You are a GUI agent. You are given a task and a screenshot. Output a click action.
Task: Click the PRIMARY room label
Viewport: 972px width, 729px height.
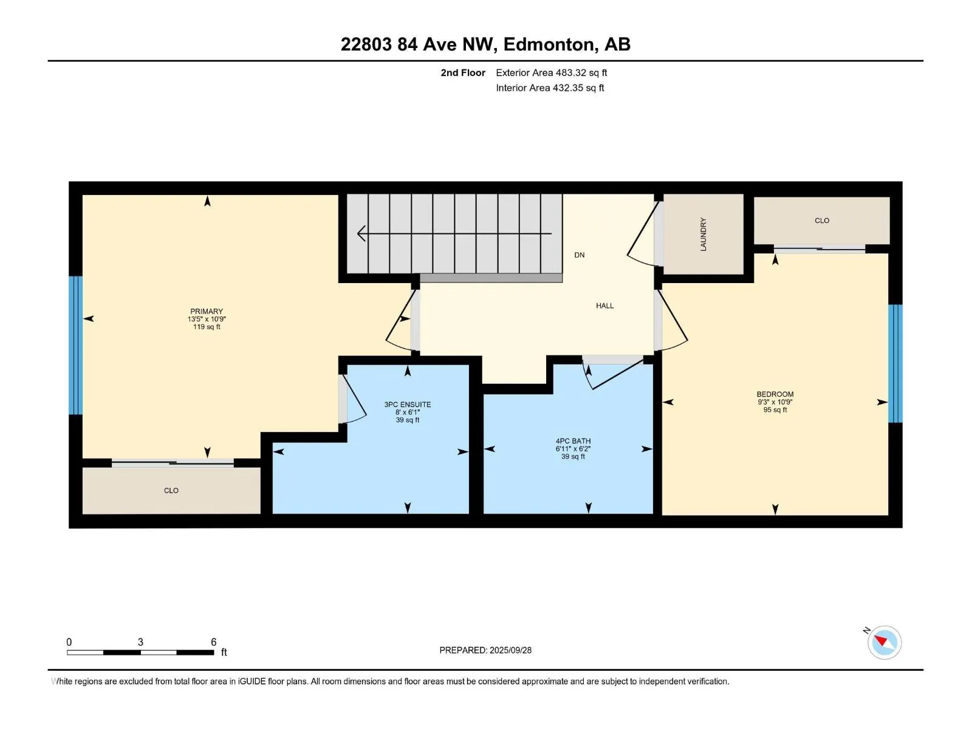(207, 312)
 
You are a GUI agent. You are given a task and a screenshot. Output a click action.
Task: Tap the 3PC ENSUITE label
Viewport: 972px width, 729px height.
(407, 405)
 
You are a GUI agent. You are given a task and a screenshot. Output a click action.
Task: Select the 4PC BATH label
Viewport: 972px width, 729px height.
(573, 441)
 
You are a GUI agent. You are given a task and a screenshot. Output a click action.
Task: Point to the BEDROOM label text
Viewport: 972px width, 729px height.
(775, 394)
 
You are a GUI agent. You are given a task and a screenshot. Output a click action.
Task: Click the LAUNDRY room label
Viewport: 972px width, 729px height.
(703, 234)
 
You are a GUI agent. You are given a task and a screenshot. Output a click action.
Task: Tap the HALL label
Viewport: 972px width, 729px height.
(604, 306)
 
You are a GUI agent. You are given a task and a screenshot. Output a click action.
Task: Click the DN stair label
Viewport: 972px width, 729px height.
(579, 255)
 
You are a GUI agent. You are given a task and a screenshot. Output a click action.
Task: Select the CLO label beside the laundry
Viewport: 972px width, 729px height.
(821, 221)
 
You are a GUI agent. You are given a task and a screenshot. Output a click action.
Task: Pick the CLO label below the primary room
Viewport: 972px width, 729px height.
(171, 490)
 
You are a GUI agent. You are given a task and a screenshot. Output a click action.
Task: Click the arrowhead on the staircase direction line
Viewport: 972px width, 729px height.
(361, 233)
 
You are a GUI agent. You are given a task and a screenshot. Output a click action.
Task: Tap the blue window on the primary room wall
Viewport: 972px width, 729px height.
(75, 345)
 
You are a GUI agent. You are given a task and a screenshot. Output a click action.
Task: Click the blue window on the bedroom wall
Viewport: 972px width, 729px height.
(895, 363)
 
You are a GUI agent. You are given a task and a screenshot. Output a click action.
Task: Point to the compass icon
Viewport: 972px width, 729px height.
(884, 642)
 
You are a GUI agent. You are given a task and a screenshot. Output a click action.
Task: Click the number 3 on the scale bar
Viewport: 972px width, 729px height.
(140, 642)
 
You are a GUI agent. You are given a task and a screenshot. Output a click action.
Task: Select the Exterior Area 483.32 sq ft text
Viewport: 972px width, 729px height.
(551, 73)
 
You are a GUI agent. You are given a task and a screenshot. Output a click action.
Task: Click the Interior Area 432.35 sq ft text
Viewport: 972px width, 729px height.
(550, 88)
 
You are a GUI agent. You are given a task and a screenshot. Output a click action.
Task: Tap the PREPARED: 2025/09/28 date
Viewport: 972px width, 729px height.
(485, 650)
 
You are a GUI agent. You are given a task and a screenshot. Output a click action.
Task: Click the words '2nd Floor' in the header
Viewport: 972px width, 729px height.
(463, 73)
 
